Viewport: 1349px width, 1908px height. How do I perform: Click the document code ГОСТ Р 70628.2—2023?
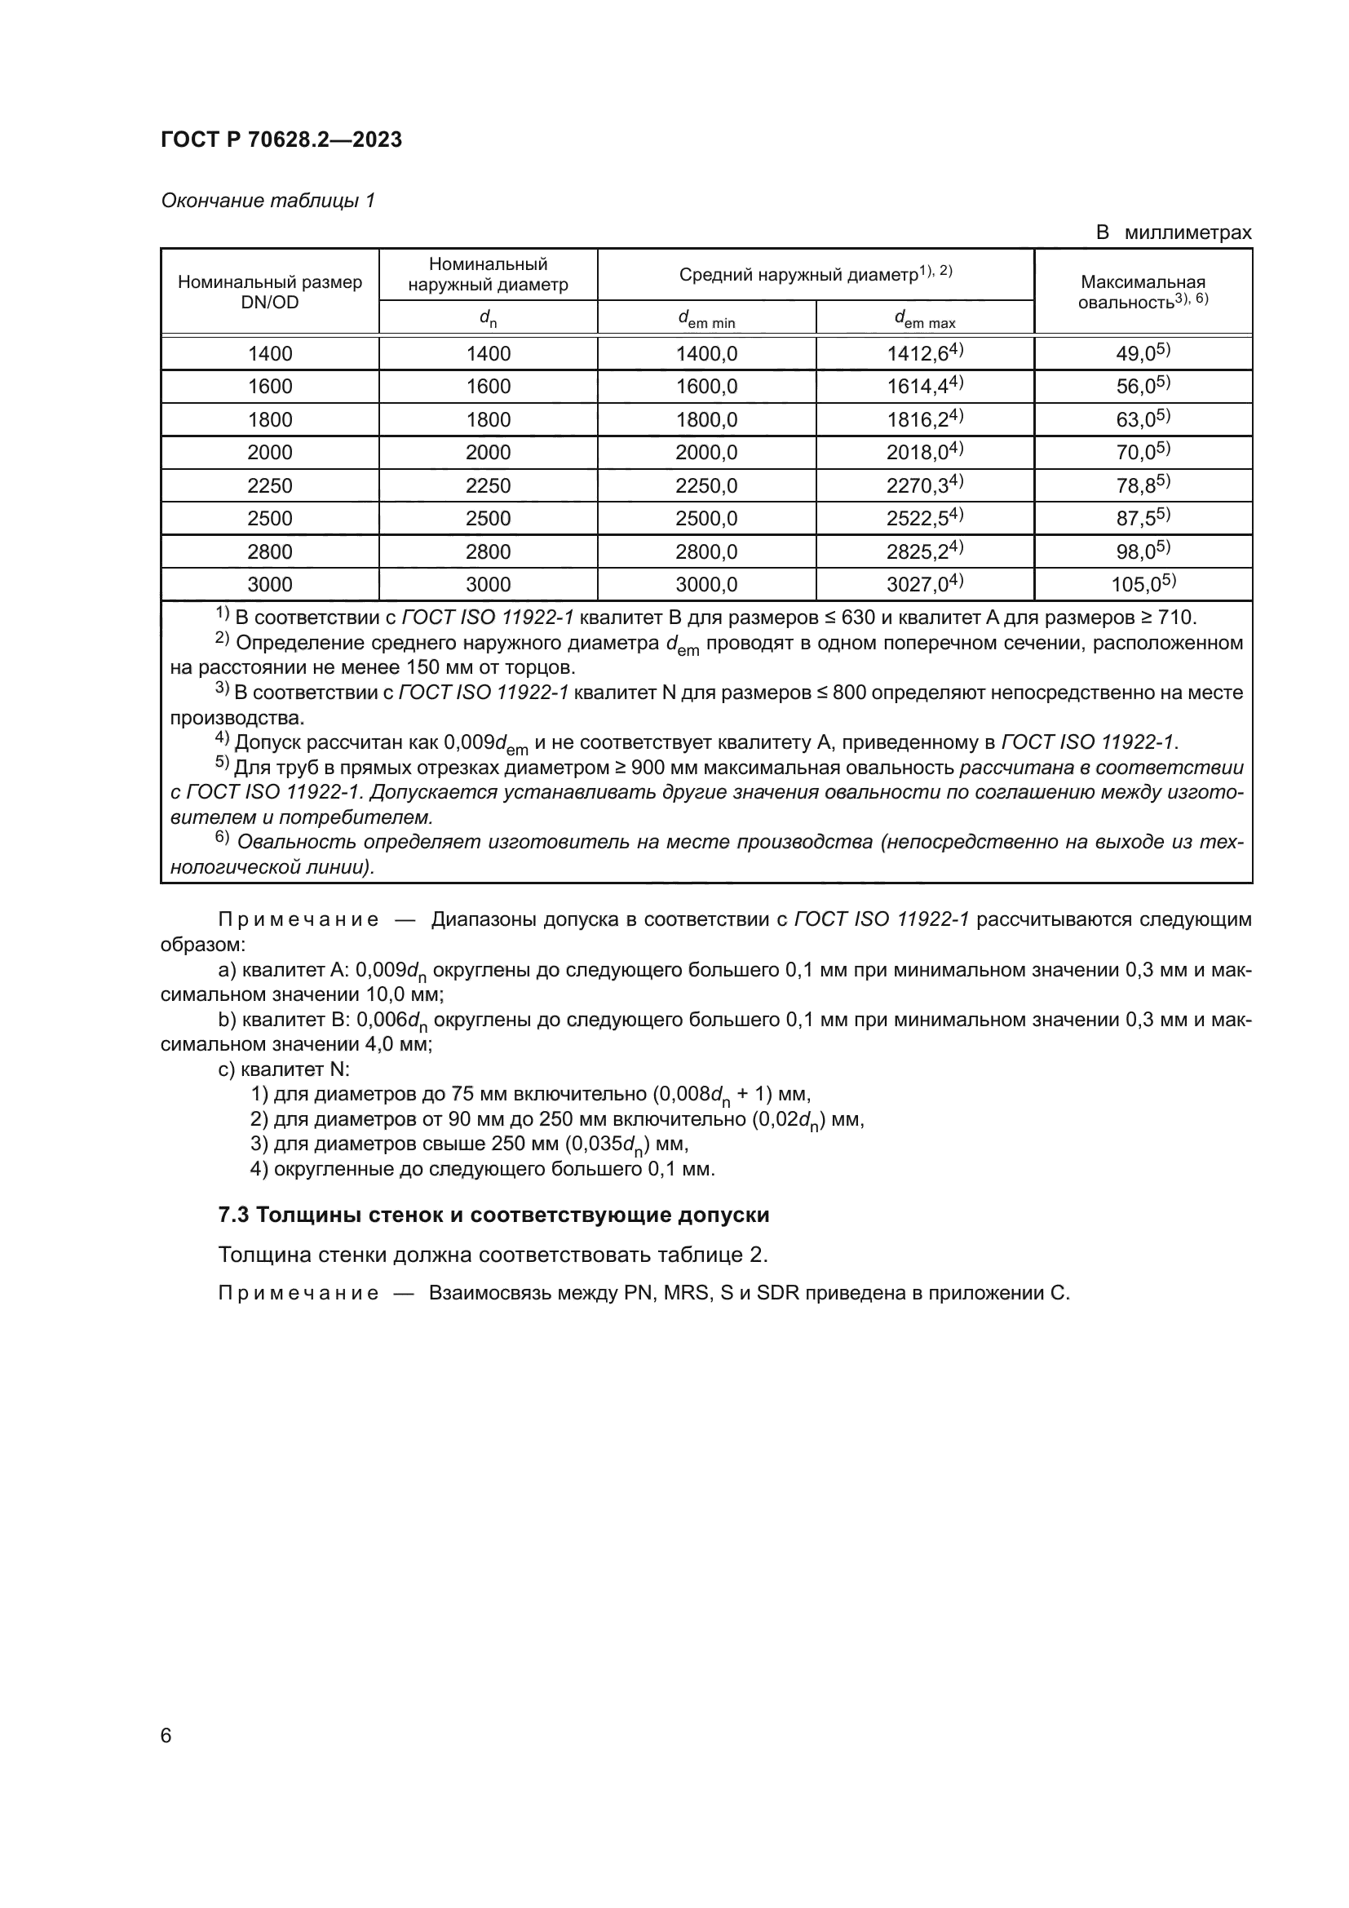pos(281,139)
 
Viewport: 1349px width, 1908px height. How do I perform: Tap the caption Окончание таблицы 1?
pos(268,201)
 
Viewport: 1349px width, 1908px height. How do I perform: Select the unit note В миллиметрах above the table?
pos(1173,232)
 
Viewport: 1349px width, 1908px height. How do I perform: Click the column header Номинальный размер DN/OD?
pos(270,292)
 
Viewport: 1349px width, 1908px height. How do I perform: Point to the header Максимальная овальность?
pos(1142,292)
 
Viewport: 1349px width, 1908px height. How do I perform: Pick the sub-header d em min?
pos(706,318)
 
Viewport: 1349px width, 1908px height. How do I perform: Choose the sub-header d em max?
pos(925,318)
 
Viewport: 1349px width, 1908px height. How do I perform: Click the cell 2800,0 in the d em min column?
pos(706,551)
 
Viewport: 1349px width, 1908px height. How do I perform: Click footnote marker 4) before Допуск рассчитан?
pos(222,739)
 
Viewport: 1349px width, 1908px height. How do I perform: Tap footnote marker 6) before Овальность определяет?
pos(222,839)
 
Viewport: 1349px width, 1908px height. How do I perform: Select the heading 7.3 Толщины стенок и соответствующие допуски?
pos(493,1215)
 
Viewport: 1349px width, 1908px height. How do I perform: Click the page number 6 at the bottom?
pos(166,1735)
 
